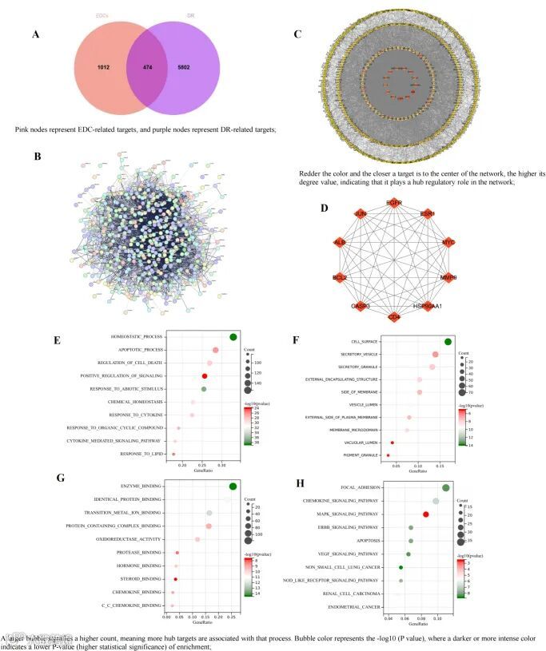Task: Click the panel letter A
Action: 34,35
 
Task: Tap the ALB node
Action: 339,242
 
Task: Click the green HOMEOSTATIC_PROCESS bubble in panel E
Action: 233,336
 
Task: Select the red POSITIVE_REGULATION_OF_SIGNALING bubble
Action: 205,375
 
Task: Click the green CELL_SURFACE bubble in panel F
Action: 448,342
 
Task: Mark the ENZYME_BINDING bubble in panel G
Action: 233,486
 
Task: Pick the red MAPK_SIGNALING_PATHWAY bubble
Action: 425,514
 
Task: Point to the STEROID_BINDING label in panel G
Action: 141,578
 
